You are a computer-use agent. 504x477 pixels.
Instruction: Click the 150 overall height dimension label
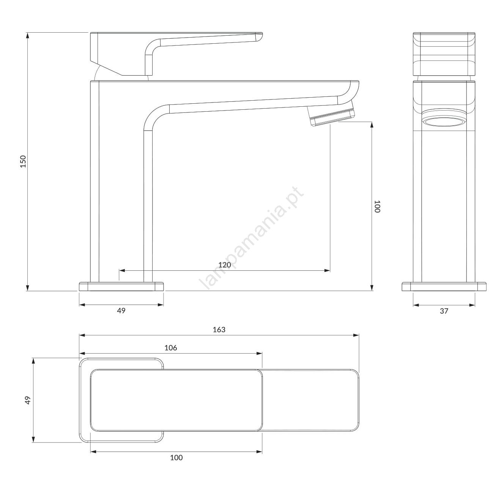tap(23, 161)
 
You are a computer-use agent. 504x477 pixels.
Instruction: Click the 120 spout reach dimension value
tap(225, 265)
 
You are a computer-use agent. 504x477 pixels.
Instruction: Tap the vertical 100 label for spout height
tap(377, 207)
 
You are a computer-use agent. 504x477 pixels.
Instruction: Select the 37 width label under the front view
tap(444, 311)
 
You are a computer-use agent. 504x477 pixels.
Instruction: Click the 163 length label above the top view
tap(219, 330)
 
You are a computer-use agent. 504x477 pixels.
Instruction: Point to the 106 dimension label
tap(171, 347)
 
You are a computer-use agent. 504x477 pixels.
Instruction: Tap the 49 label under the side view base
tap(121, 311)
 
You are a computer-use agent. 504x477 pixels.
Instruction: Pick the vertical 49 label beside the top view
tap(28, 400)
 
